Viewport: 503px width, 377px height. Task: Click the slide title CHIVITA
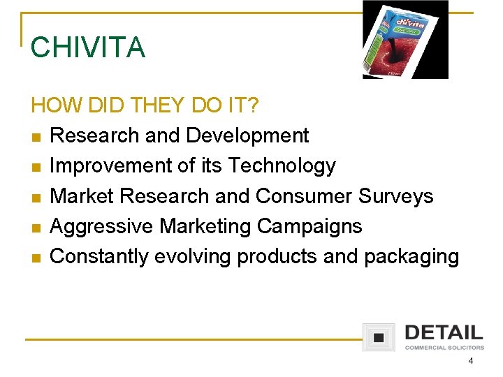[x=88, y=47]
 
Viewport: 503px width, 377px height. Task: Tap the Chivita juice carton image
[x=405, y=40]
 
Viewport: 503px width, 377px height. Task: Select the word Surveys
[x=396, y=196]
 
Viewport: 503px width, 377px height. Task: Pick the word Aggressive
[x=102, y=226]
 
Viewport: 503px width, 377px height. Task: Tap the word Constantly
[x=100, y=257]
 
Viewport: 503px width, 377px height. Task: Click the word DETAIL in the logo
[x=444, y=332]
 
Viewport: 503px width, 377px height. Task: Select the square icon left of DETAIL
[x=379, y=337]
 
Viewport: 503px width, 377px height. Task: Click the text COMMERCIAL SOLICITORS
[x=444, y=348]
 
